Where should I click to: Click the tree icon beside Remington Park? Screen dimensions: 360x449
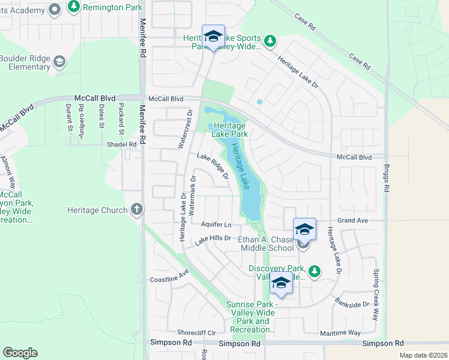point(73,7)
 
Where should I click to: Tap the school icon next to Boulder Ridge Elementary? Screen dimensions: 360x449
point(59,62)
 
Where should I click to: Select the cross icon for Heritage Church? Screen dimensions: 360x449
point(137,210)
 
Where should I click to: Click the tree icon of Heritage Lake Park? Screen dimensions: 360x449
point(211,125)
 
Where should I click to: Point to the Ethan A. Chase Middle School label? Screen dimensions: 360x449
point(266,243)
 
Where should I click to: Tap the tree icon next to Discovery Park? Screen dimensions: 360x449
point(315,272)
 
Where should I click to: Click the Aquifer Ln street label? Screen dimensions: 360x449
point(216,224)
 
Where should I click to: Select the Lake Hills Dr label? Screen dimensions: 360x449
point(212,239)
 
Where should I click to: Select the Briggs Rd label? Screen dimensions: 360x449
point(387,179)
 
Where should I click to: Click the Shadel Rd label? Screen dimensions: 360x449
point(122,145)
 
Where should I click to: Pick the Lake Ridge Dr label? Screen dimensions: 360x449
point(213,166)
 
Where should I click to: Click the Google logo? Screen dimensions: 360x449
point(20,353)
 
